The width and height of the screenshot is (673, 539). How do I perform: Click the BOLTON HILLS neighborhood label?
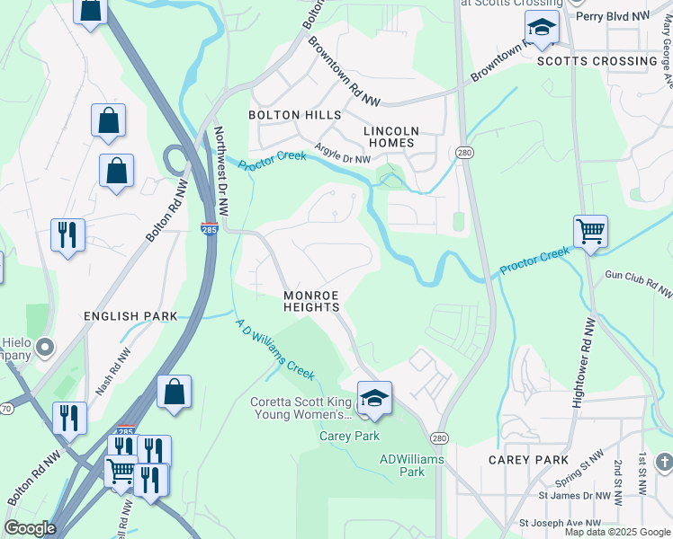295,115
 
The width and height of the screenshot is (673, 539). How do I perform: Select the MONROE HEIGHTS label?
311,301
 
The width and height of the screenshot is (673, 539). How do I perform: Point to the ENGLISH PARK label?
130,316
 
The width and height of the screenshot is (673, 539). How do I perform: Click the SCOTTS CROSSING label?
597,61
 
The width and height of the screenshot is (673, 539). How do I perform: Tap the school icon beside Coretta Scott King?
374,398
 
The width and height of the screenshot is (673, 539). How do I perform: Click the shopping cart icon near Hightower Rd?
590,232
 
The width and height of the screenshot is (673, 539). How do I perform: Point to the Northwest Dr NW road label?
221,171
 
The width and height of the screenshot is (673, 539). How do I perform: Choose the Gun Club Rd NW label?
638,283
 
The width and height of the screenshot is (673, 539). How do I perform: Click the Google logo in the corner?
30,528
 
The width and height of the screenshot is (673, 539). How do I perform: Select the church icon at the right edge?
665,463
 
